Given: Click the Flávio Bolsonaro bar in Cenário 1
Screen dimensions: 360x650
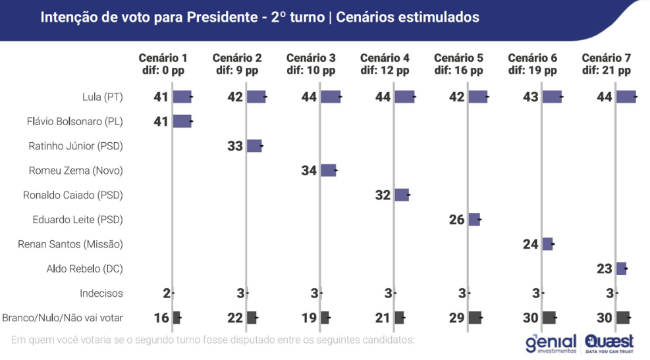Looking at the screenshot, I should tap(182, 121).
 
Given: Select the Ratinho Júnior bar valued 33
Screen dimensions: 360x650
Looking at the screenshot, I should tap(254, 146).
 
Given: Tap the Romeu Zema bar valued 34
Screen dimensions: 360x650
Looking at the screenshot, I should tap(328, 170).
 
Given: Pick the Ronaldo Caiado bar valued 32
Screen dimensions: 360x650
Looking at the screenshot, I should tap(402, 195).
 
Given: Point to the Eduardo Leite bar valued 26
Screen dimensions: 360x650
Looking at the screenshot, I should tap(474, 220).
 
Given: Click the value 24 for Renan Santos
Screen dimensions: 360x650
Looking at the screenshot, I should tap(531, 244).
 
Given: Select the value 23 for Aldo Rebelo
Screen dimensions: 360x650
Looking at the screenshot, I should tap(605, 269).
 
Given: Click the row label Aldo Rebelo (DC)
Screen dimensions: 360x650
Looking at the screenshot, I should tap(85, 269).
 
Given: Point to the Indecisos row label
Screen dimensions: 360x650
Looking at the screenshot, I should tap(101, 293).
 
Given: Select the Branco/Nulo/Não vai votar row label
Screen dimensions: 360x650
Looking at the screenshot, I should tap(63, 318).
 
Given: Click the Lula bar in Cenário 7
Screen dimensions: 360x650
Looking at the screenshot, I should tap(626, 97).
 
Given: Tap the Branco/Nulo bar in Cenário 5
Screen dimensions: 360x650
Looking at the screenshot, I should tap(475, 318).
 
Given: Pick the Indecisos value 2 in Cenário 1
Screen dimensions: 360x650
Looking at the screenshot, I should tap(167, 293).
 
